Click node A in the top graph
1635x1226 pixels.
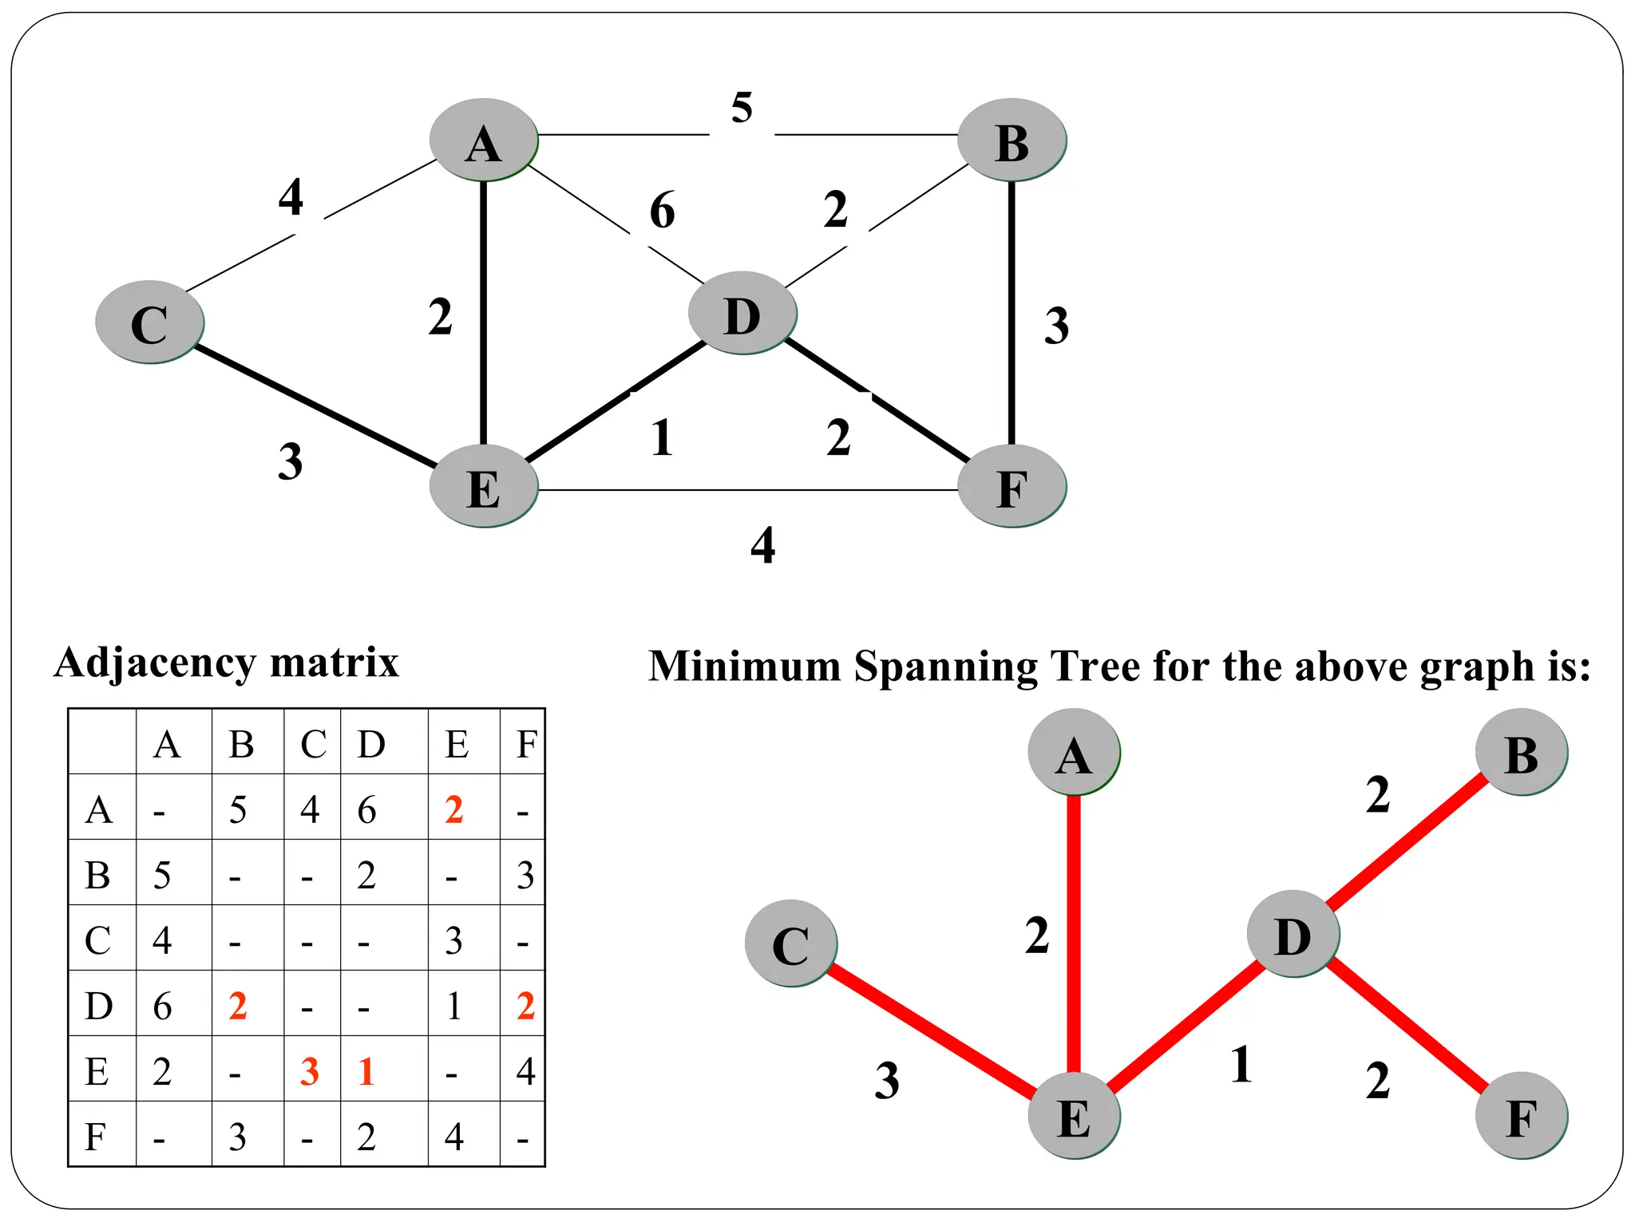pyautogui.click(x=483, y=140)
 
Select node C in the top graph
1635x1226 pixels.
pyautogui.click(x=149, y=322)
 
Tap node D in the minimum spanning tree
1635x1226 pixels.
pyautogui.click(x=1293, y=934)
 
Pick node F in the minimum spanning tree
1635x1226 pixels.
pyautogui.click(x=1521, y=1116)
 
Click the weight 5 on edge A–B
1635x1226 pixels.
pyautogui.click(x=742, y=108)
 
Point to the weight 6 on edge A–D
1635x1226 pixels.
pyautogui.click(x=662, y=210)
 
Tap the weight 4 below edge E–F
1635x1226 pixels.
pyautogui.click(x=762, y=545)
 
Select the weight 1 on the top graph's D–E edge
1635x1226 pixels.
pyautogui.click(x=661, y=438)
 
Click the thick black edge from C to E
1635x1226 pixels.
pyautogui.click(x=315, y=405)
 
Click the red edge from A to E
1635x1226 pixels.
pyautogui.click(x=1074, y=934)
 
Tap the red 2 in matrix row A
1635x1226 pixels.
pyautogui.click(x=454, y=810)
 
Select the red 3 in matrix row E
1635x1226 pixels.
pyautogui.click(x=310, y=1071)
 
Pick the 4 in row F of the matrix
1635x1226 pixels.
pyautogui.click(x=454, y=1137)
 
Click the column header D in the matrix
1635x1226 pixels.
pyautogui.click(x=371, y=745)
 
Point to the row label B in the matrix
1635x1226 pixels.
pyautogui.click(x=97, y=876)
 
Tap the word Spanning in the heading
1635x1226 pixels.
pyautogui.click(x=945, y=666)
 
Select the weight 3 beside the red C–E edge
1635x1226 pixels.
pyautogui.click(x=886, y=1081)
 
